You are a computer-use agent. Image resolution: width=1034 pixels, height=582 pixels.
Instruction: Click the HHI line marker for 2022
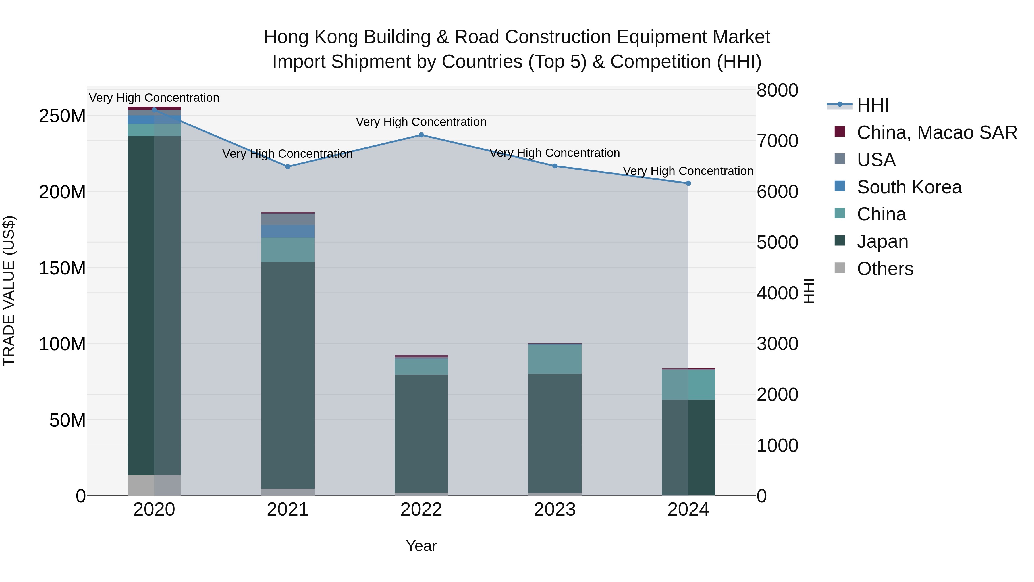coord(421,135)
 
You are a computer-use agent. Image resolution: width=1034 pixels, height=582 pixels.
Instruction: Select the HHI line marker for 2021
coord(288,167)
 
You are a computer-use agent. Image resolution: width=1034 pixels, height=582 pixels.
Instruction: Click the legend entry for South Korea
coord(909,187)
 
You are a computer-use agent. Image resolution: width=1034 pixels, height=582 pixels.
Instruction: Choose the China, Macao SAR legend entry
coord(936,132)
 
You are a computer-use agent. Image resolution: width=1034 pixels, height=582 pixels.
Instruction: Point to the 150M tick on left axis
coord(62,268)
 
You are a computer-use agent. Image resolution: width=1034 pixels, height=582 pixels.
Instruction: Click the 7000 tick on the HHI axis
coord(777,141)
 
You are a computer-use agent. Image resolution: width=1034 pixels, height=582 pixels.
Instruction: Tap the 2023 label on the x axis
coord(554,510)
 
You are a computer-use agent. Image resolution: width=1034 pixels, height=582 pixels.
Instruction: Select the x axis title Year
coord(421,546)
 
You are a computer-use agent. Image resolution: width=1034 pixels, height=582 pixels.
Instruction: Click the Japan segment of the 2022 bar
coord(421,434)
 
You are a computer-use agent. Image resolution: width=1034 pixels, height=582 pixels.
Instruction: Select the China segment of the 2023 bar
coord(554,359)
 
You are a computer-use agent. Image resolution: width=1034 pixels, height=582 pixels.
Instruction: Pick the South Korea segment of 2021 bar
coord(288,231)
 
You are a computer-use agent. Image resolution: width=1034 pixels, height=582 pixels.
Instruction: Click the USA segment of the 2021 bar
coord(288,219)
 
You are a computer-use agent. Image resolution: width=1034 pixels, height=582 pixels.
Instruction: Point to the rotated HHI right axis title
coord(809,291)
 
